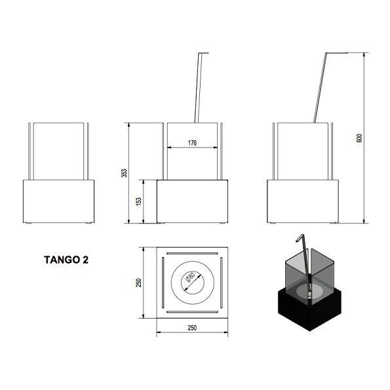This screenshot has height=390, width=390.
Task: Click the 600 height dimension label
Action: coord(359,138)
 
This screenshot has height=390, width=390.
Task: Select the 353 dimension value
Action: coord(124,173)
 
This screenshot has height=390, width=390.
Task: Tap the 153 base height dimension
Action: coord(139,201)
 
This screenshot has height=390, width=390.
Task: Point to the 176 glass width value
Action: coord(192,143)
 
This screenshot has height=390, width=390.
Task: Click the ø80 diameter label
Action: coord(190,277)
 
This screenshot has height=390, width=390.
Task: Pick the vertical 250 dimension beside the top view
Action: coord(138,283)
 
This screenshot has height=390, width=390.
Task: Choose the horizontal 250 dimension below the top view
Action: coord(192,328)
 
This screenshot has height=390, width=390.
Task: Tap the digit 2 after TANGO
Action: coord(85,260)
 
